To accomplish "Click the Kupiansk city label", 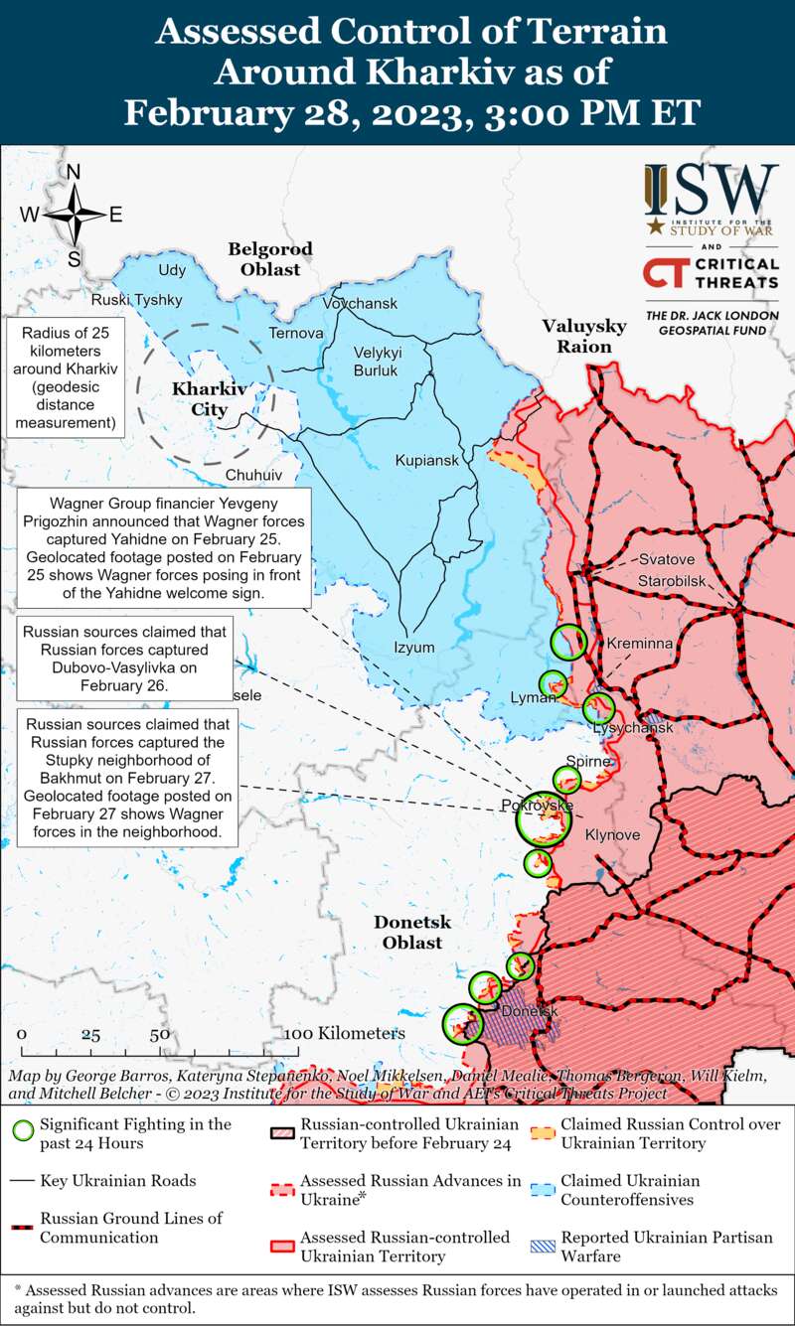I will pos(426,461).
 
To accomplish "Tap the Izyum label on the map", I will pos(414,648).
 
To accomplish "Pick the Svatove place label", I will pos(666,558).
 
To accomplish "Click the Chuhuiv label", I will pos(254,475).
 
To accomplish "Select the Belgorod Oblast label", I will pos(269,258).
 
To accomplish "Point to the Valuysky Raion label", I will pos(583,336).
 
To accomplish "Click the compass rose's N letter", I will pos(74,172).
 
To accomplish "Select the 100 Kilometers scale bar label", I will pos(344,1033).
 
